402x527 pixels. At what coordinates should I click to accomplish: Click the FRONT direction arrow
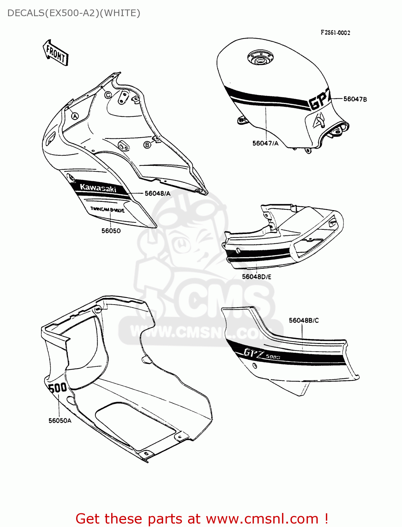(55, 53)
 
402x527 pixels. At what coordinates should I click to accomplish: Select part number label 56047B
(355, 99)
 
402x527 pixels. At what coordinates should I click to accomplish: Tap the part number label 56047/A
(265, 143)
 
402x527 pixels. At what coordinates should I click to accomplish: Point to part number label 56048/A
(158, 193)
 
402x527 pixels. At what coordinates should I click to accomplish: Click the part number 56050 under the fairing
(111, 231)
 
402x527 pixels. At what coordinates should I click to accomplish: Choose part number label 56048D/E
(256, 277)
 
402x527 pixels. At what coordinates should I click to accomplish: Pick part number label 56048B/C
(304, 320)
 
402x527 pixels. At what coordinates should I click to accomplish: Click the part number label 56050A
(60, 421)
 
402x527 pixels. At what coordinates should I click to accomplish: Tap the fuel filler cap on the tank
(260, 58)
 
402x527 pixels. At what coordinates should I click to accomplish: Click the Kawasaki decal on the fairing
(98, 188)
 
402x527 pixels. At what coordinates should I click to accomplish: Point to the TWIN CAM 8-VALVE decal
(107, 210)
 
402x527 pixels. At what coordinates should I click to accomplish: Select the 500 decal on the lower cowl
(58, 388)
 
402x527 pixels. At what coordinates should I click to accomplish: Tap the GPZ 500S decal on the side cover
(262, 354)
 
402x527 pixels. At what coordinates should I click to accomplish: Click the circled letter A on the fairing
(75, 116)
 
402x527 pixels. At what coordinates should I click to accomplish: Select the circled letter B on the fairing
(147, 145)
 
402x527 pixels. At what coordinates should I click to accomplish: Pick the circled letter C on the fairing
(108, 95)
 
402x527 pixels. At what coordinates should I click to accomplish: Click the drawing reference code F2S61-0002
(335, 33)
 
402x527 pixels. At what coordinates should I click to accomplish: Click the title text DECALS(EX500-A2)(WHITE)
(74, 13)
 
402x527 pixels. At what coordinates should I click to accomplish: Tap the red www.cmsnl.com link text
(262, 519)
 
